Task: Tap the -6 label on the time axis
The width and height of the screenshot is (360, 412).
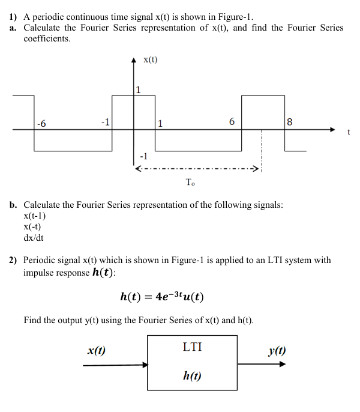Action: point(41,124)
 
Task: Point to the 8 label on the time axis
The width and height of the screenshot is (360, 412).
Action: point(290,123)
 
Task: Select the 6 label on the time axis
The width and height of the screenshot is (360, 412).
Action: point(232,123)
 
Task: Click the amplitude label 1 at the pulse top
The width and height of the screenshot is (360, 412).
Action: point(138,91)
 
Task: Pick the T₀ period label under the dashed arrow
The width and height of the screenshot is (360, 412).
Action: point(190,183)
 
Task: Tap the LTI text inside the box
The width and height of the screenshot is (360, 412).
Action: point(192,347)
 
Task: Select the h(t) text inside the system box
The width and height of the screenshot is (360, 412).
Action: point(191,376)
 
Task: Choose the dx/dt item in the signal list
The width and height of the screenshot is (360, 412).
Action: point(33,237)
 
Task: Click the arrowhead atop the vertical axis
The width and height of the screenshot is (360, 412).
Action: point(134,61)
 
